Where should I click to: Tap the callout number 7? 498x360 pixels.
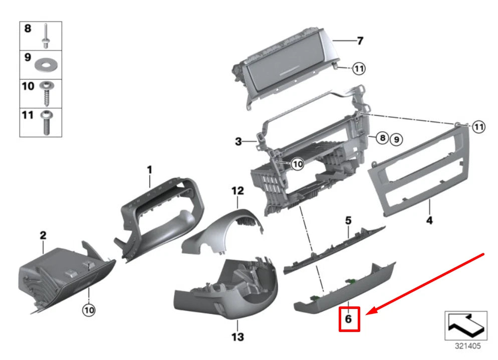pos(359,41)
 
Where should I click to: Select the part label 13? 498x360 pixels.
pos(237,336)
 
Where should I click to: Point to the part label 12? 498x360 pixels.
pos(237,190)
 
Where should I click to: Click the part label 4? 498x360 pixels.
pos(429,220)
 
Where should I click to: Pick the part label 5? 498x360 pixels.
pos(348,219)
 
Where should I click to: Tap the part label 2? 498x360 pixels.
pos(43,234)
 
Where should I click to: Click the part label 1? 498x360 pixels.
pos(149,171)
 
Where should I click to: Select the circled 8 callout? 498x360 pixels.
pos(382,138)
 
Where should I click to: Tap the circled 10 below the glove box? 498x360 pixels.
pos(88,310)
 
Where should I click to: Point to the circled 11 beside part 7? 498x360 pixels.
pos(359,69)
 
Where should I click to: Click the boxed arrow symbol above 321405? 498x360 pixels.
pos(465,326)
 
